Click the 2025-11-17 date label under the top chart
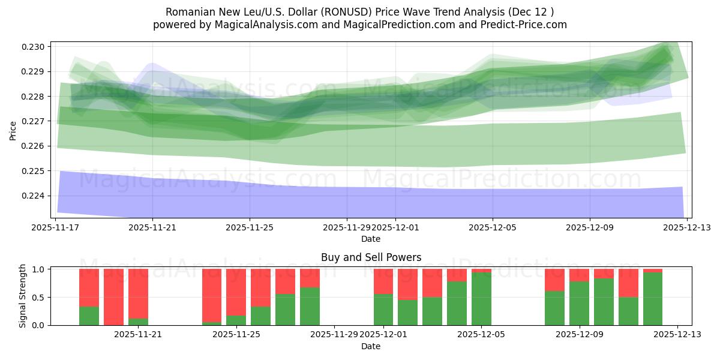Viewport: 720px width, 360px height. click(x=56, y=227)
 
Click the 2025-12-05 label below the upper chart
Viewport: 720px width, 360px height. click(x=493, y=227)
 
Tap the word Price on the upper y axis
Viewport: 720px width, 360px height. click(x=13, y=130)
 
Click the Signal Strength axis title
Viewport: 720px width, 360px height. click(x=23, y=296)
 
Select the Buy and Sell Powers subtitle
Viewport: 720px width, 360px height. click(x=371, y=257)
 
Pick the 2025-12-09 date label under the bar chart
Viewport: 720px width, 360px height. click(x=579, y=335)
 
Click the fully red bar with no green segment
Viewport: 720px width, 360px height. click(x=113, y=297)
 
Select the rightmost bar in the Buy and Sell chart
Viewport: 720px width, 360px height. click(x=653, y=297)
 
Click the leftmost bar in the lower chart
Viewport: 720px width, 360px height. click(x=89, y=297)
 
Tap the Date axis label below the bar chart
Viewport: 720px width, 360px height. click(x=371, y=346)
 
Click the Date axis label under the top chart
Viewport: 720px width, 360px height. click(x=371, y=239)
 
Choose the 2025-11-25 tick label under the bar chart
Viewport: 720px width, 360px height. click(x=237, y=335)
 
